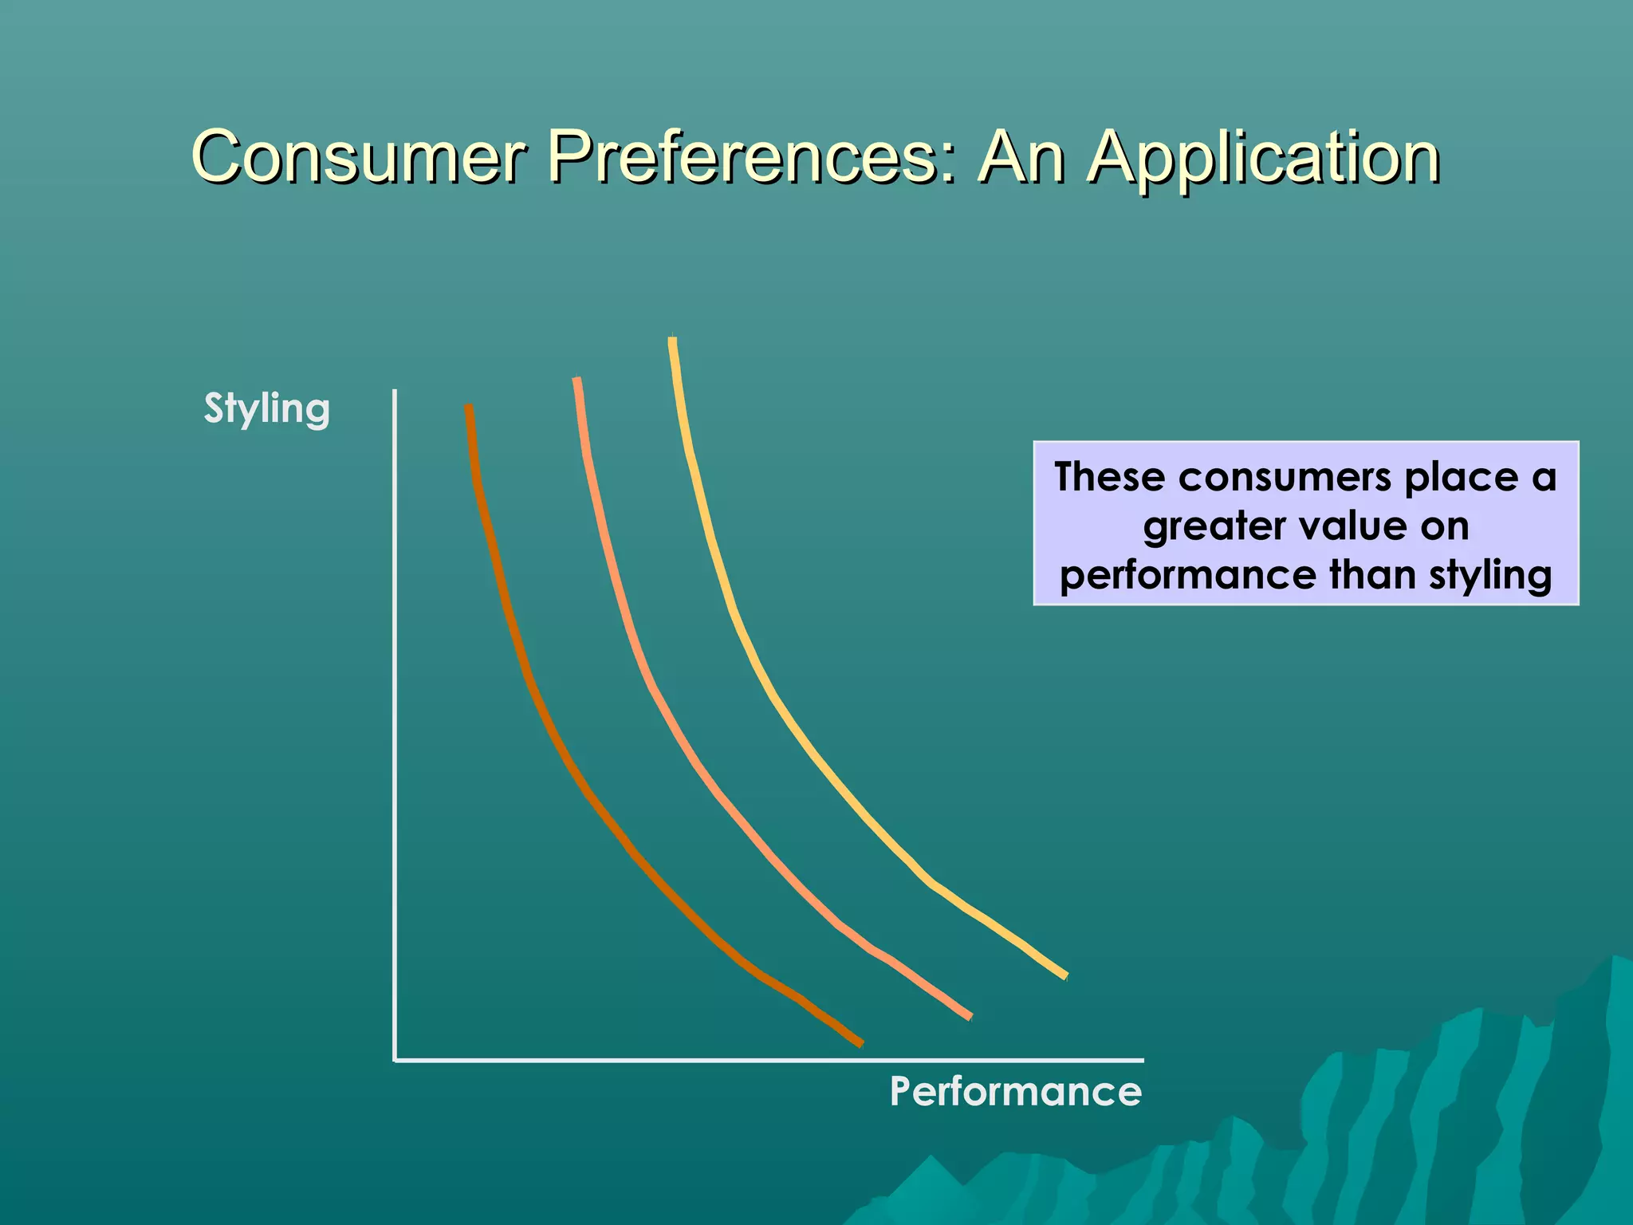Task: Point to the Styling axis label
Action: point(266,409)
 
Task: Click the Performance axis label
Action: point(1015,1091)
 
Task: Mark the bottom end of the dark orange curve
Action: point(860,1042)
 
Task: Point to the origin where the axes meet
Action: point(395,1060)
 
